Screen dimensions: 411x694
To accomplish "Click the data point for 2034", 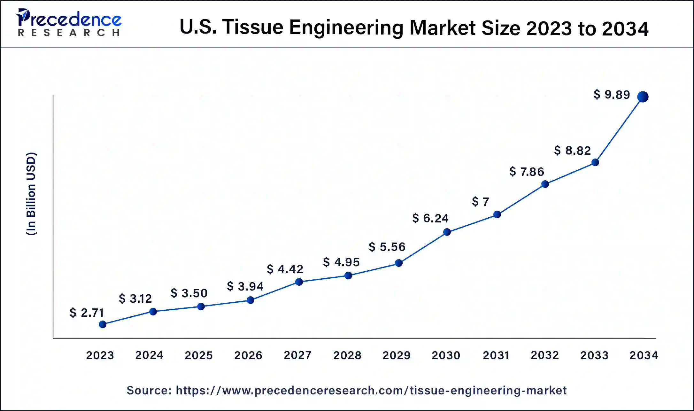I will (x=643, y=97).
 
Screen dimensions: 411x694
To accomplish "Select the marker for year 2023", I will (x=103, y=324).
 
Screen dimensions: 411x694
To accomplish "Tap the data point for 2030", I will (x=447, y=232).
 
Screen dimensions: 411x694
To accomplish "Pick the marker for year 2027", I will (x=299, y=282).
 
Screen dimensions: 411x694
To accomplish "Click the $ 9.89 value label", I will (x=612, y=95).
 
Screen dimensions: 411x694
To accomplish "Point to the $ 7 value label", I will (x=480, y=202).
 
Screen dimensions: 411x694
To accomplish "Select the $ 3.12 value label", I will (x=135, y=299).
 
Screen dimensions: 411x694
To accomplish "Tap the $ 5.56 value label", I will (x=387, y=247).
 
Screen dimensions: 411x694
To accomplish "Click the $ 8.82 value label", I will (x=572, y=150).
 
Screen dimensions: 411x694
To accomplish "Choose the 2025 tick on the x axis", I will (x=199, y=355).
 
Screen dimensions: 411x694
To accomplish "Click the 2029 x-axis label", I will (x=397, y=355).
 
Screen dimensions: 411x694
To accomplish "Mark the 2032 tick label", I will (x=545, y=355).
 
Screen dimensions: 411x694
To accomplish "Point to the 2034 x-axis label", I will (x=644, y=355).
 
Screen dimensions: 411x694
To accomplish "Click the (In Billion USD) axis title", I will (x=31, y=194).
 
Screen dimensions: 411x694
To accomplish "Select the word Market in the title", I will (x=443, y=27).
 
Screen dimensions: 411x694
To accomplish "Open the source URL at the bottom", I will (x=371, y=390).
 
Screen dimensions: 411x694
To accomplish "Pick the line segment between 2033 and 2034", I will (x=619, y=129).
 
